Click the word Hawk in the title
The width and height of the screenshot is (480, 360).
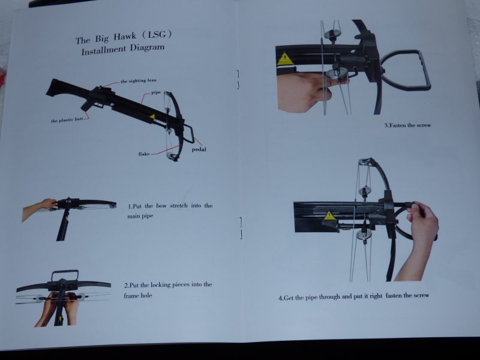pos(125,37)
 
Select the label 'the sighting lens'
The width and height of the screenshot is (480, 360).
pos(139,81)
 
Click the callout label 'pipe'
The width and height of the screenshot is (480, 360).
pos(156,92)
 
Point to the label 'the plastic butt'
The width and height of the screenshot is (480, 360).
pos(67,121)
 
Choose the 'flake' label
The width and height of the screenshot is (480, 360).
pos(144,154)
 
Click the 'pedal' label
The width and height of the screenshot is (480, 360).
pos(199,149)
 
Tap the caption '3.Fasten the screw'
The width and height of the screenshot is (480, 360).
pos(407,125)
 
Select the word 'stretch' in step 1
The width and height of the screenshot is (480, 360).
pos(178,205)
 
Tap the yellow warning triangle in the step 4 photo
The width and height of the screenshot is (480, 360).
pos(329,215)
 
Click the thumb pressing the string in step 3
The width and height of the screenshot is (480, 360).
pos(337,81)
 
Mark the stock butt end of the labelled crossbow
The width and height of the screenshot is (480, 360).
pos(53,88)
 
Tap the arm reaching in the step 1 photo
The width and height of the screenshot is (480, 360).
pos(38,208)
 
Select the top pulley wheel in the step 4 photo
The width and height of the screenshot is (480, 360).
pos(364,162)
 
